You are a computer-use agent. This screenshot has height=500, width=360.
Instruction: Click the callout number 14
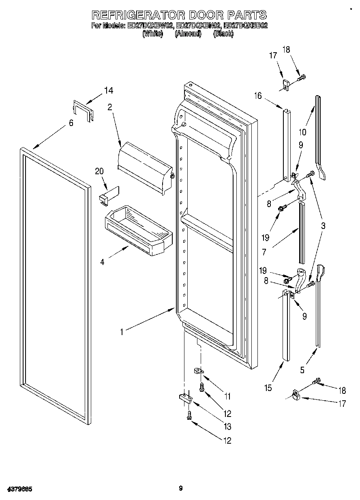(x=108, y=91)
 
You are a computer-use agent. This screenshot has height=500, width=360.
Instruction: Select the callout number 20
(x=99, y=171)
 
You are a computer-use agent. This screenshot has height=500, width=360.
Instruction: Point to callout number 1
(x=122, y=332)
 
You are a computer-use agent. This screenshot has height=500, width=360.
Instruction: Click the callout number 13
(x=227, y=426)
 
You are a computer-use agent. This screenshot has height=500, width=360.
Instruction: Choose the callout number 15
(x=268, y=388)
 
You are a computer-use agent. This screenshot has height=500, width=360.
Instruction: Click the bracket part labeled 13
(x=184, y=398)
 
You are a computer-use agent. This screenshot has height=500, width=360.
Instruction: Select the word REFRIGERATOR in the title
(x=138, y=15)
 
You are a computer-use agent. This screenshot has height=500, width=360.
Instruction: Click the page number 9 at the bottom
(x=181, y=488)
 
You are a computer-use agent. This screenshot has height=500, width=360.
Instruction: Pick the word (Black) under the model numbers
(x=223, y=34)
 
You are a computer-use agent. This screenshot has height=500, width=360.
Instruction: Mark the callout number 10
(x=303, y=132)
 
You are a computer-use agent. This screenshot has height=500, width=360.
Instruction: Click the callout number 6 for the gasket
(x=71, y=123)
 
